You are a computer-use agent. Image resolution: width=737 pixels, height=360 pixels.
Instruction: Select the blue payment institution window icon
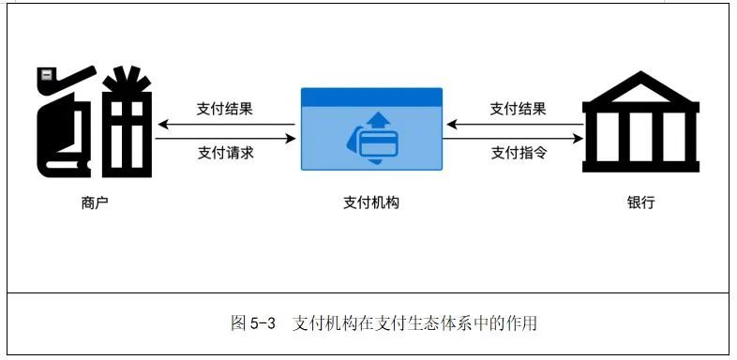click(370, 129)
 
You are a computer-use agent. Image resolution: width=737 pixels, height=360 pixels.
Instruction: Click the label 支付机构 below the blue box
click(371, 202)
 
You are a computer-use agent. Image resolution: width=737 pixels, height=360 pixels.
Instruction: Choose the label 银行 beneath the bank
click(640, 202)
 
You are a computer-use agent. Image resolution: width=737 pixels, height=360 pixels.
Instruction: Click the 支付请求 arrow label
click(225, 152)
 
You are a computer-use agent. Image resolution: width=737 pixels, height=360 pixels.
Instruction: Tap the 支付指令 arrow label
click(519, 152)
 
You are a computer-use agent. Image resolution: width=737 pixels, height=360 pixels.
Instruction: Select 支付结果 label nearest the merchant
click(225, 109)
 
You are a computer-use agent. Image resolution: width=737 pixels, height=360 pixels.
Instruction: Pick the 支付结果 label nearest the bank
click(519, 109)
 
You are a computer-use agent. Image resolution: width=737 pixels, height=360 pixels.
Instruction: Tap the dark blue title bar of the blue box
click(370, 97)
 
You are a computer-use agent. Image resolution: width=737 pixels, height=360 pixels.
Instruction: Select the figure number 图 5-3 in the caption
click(252, 323)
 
